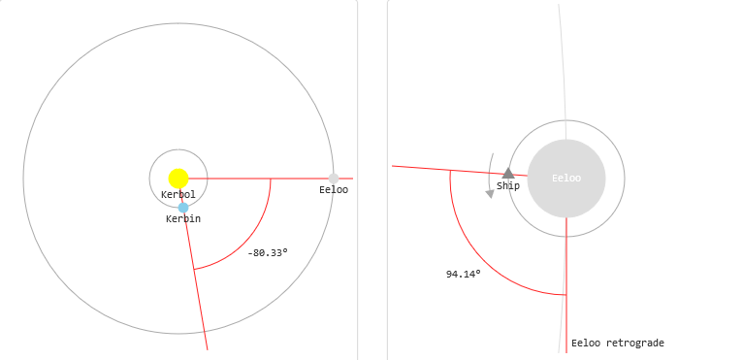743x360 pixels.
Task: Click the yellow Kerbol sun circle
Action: [178, 179]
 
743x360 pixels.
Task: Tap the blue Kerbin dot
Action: [183, 208]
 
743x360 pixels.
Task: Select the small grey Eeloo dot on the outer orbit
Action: [334, 179]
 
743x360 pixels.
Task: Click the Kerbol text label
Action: [178, 194]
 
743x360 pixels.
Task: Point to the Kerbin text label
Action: [183, 218]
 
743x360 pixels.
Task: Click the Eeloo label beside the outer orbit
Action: [334, 190]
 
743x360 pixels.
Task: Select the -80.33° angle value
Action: [268, 253]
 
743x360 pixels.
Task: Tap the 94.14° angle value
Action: [464, 274]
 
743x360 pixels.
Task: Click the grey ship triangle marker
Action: [508, 173]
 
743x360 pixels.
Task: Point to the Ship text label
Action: [508, 186]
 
